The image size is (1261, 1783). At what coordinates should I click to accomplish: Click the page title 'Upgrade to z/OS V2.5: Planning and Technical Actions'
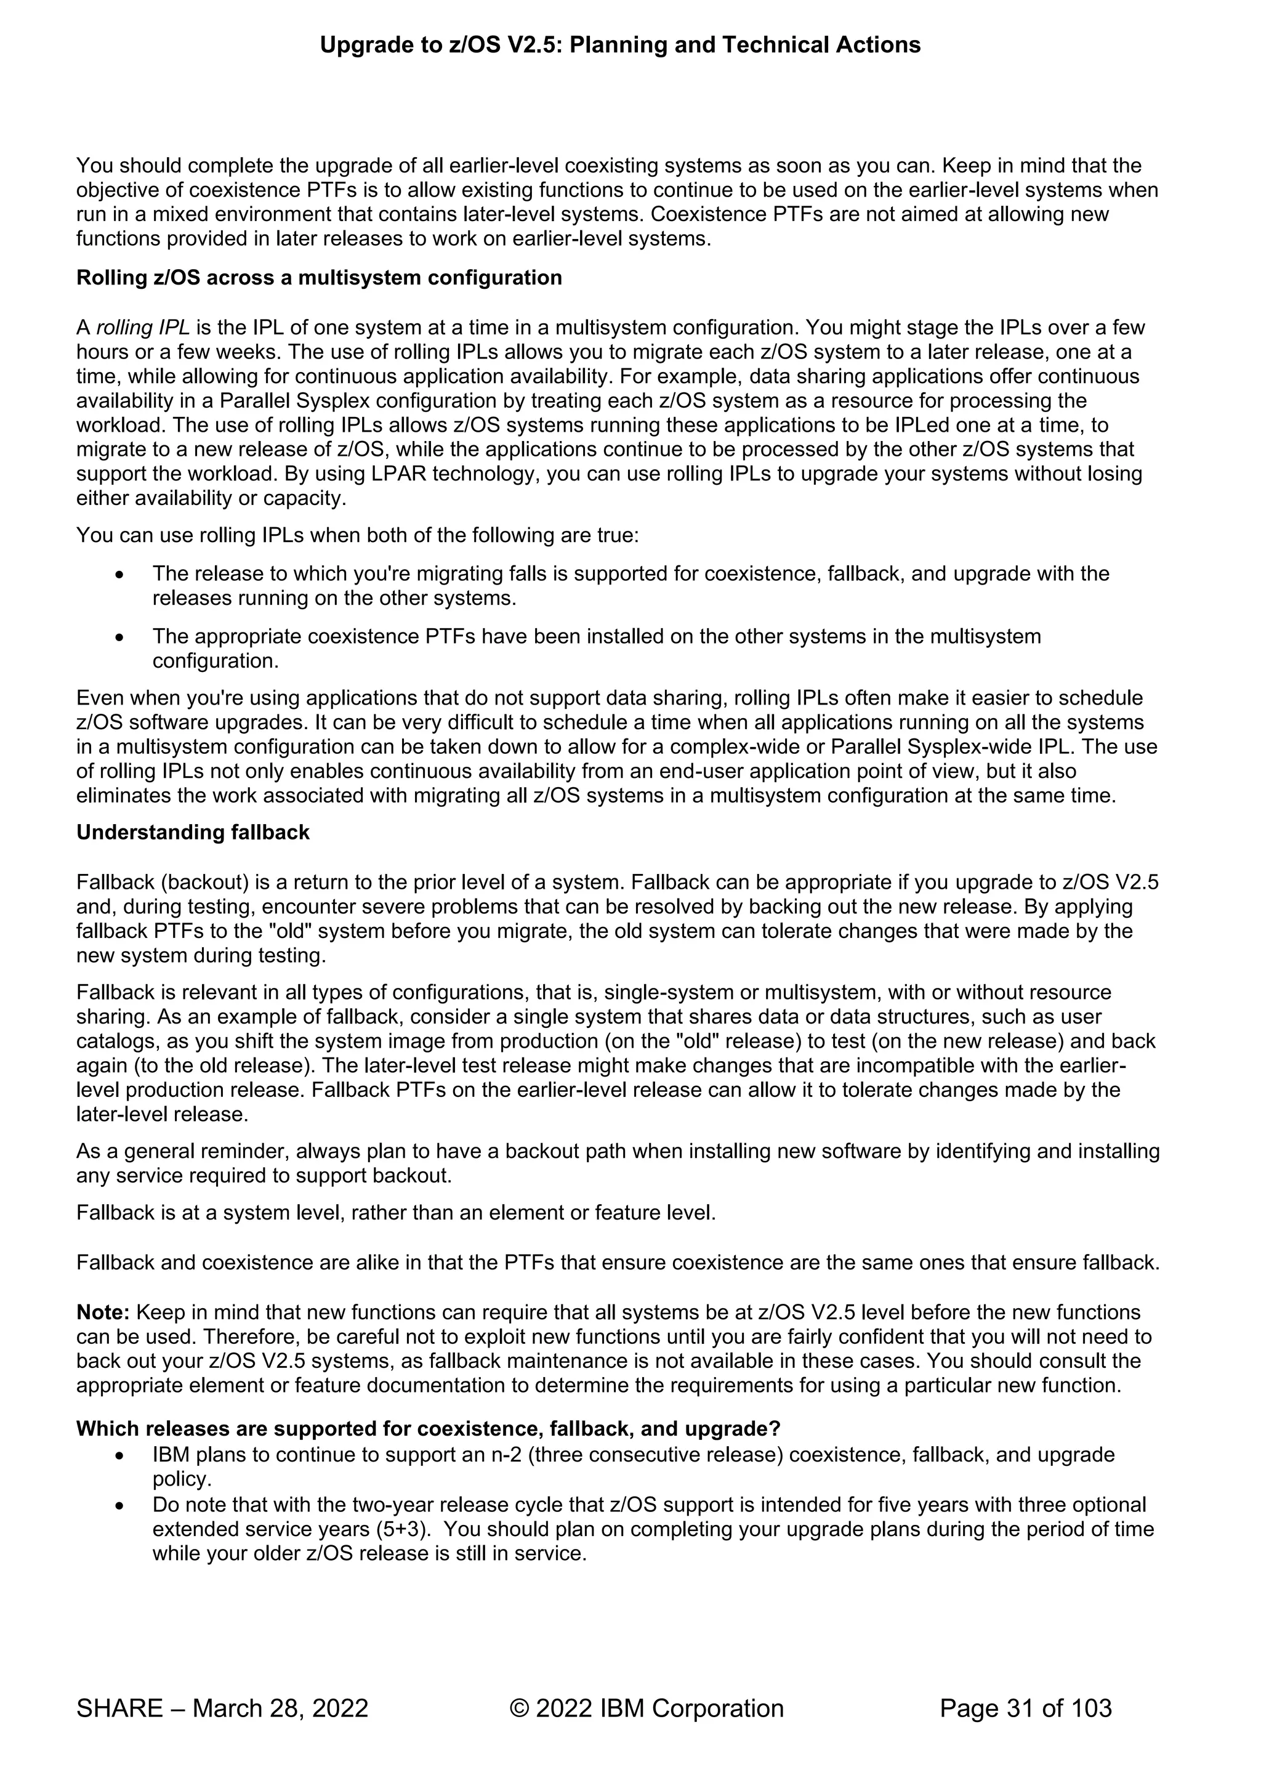[619, 45]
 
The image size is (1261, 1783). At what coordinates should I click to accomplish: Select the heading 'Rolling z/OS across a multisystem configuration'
[318, 278]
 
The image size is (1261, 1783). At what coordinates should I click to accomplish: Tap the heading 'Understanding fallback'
[193, 833]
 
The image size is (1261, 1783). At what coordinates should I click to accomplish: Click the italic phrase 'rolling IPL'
[143, 328]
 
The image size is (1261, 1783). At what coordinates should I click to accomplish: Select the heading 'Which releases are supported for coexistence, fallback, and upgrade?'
[428, 1429]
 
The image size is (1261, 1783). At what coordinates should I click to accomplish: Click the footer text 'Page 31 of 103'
[1025, 1708]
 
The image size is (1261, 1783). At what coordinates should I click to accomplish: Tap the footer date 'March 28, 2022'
[280, 1708]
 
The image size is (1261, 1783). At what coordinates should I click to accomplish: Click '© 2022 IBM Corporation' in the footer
[646, 1708]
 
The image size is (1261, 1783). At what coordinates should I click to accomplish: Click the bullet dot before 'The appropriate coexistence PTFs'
[119, 638]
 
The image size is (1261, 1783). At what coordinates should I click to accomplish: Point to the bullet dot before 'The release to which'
[119, 575]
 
